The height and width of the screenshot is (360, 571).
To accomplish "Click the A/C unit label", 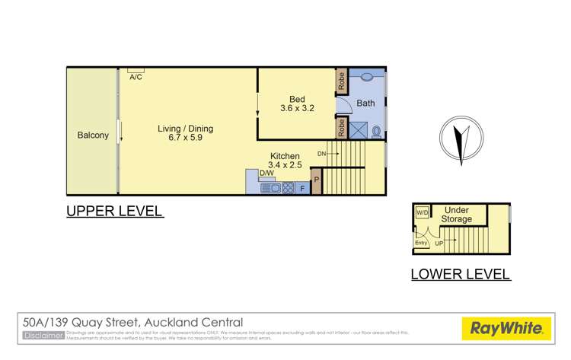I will click(136, 77).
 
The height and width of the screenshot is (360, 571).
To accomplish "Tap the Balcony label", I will click(93, 135).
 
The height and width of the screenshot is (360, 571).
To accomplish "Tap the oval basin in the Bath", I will click(366, 76).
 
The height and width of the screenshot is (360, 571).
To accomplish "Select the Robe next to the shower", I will click(342, 128).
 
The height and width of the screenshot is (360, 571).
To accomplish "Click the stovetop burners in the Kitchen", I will click(289, 187).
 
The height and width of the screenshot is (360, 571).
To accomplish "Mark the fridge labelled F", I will click(303, 187).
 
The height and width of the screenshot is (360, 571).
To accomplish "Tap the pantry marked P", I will click(317, 181).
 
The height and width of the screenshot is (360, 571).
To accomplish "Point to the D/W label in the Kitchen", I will click(266, 173).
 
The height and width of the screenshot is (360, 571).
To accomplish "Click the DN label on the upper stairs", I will click(322, 155).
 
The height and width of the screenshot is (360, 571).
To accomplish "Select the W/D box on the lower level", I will click(422, 213).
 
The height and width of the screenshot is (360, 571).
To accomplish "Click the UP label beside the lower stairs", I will click(439, 244).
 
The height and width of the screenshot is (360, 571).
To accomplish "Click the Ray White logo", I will click(506, 330).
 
